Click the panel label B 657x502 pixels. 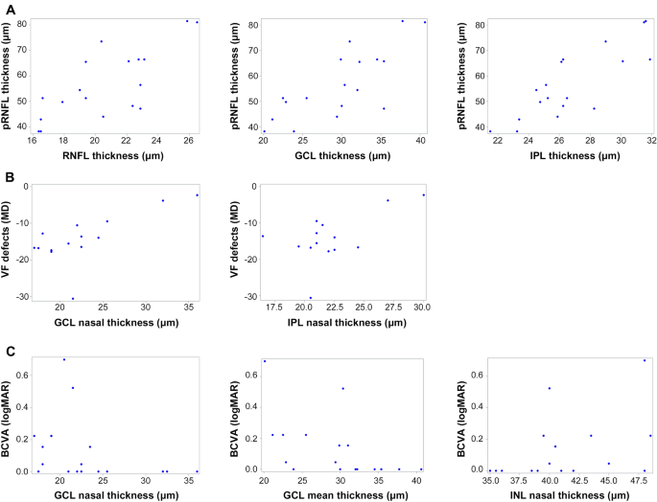[9, 176]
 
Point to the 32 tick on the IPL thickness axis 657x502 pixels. [651, 140]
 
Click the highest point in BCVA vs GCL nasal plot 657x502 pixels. [64, 359]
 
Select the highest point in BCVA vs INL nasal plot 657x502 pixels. [645, 360]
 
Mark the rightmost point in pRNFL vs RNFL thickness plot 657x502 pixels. [198, 22]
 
